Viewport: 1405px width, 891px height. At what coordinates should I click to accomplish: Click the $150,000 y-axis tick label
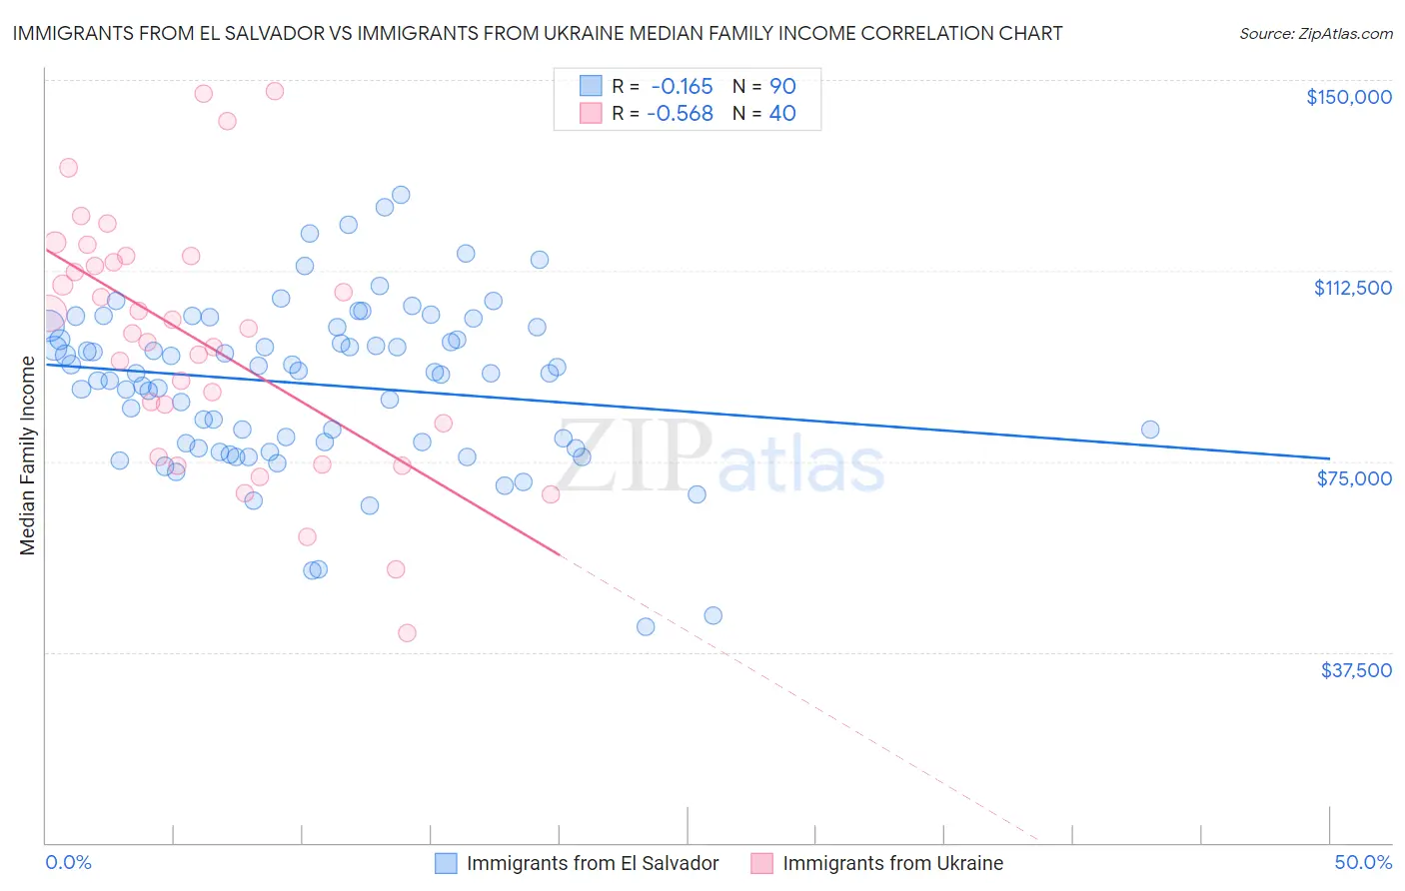click(x=1348, y=97)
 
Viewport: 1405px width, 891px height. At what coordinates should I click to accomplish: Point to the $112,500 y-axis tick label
click(x=1352, y=288)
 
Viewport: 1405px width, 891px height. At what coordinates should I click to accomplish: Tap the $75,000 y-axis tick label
click(x=1354, y=478)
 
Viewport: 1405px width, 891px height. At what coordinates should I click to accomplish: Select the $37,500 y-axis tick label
click(x=1355, y=670)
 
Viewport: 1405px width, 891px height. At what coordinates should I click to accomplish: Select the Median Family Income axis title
click(x=28, y=455)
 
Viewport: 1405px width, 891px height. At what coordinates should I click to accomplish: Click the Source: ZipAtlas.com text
click(x=1315, y=34)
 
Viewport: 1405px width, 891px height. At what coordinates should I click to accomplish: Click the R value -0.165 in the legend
click(x=682, y=86)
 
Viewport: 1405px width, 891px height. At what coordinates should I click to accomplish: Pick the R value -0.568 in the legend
click(x=680, y=114)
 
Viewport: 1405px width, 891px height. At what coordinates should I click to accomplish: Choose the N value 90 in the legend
click(x=782, y=86)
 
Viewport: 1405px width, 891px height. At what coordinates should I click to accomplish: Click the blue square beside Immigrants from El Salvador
click(x=446, y=863)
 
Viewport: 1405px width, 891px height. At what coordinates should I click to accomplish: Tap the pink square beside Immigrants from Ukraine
click(x=761, y=863)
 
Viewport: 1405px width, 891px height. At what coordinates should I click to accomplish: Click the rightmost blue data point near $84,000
click(x=1150, y=430)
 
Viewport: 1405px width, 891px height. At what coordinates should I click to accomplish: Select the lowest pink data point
click(x=407, y=632)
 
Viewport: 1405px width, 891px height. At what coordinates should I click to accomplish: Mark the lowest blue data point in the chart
click(x=646, y=626)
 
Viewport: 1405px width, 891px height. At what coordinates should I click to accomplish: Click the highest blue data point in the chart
click(x=401, y=195)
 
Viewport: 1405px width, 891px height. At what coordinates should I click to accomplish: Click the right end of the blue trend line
click(x=1329, y=457)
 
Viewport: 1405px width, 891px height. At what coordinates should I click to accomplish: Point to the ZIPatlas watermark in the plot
click(x=719, y=458)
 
